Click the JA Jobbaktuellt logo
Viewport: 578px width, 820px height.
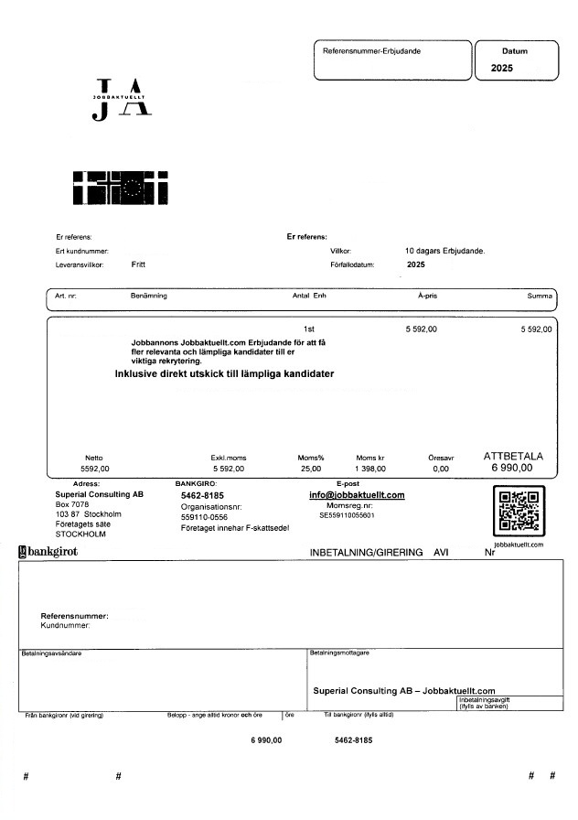[x=122, y=100]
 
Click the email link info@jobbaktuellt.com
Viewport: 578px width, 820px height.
[x=357, y=495]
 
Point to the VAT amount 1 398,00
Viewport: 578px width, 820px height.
[x=370, y=469]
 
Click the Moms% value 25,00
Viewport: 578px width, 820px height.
[x=311, y=469]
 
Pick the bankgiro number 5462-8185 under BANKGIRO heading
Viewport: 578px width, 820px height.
[x=202, y=495]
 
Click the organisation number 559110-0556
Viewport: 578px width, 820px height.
[x=204, y=517]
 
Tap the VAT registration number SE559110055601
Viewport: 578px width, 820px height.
[x=347, y=516]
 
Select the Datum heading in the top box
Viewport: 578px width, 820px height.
[x=515, y=52]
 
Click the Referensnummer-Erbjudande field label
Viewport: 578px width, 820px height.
[x=371, y=51]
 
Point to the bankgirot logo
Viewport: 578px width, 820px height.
[x=48, y=552]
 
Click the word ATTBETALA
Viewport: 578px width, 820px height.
[x=513, y=455]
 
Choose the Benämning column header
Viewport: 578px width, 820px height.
[x=149, y=297]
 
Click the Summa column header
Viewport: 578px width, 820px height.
[x=540, y=297]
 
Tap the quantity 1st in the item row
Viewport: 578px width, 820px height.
[x=309, y=328]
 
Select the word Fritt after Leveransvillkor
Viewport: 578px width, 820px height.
[x=138, y=264]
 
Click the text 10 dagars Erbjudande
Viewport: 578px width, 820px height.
[x=444, y=250]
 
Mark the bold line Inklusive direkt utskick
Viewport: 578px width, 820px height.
[x=224, y=374]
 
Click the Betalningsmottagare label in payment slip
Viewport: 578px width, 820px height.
[x=340, y=653]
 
